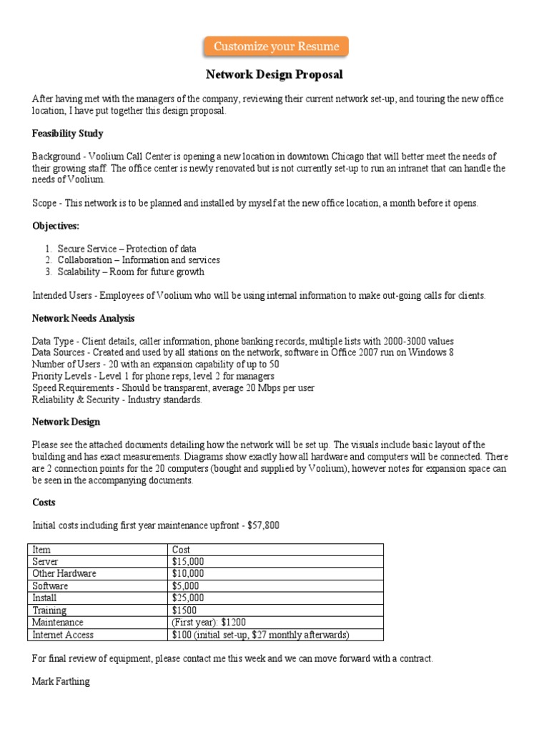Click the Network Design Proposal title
click(274, 74)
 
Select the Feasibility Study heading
click(67, 134)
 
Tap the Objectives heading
click(56, 226)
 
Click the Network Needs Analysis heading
click(83, 318)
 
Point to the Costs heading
click(44, 503)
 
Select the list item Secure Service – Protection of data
click(127, 249)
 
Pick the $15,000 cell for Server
click(188, 561)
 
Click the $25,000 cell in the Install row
click(188, 598)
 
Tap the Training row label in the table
click(49, 610)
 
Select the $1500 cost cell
click(185, 610)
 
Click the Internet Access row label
click(63, 635)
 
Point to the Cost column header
click(182, 549)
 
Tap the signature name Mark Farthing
click(61, 681)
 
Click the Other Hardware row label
click(64, 573)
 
